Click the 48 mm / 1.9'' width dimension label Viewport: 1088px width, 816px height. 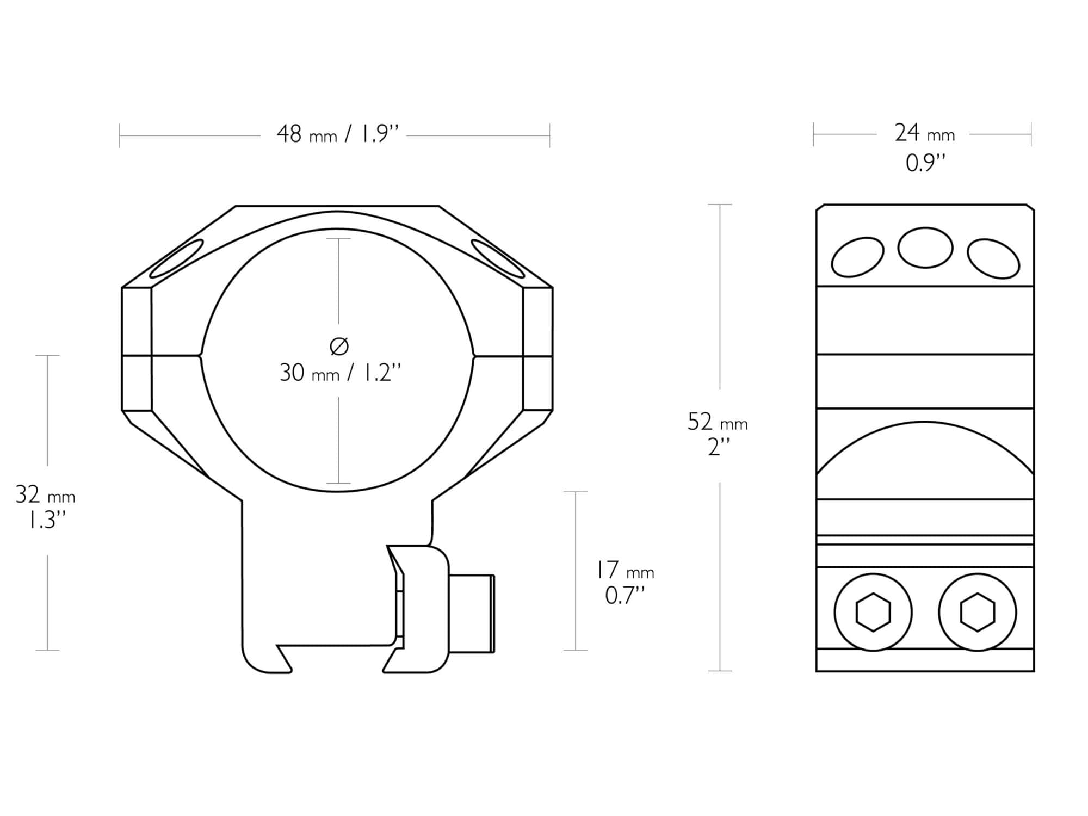click(x=338, y=134)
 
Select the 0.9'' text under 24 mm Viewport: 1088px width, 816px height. click(x=925, y=163)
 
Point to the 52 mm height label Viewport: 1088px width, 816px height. click(x=718, y=422)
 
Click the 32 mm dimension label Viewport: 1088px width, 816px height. click(x=46, y=496)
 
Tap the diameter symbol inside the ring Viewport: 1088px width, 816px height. click(x=339, y=346)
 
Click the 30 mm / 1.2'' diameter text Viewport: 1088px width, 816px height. click(x=340, y=373)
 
